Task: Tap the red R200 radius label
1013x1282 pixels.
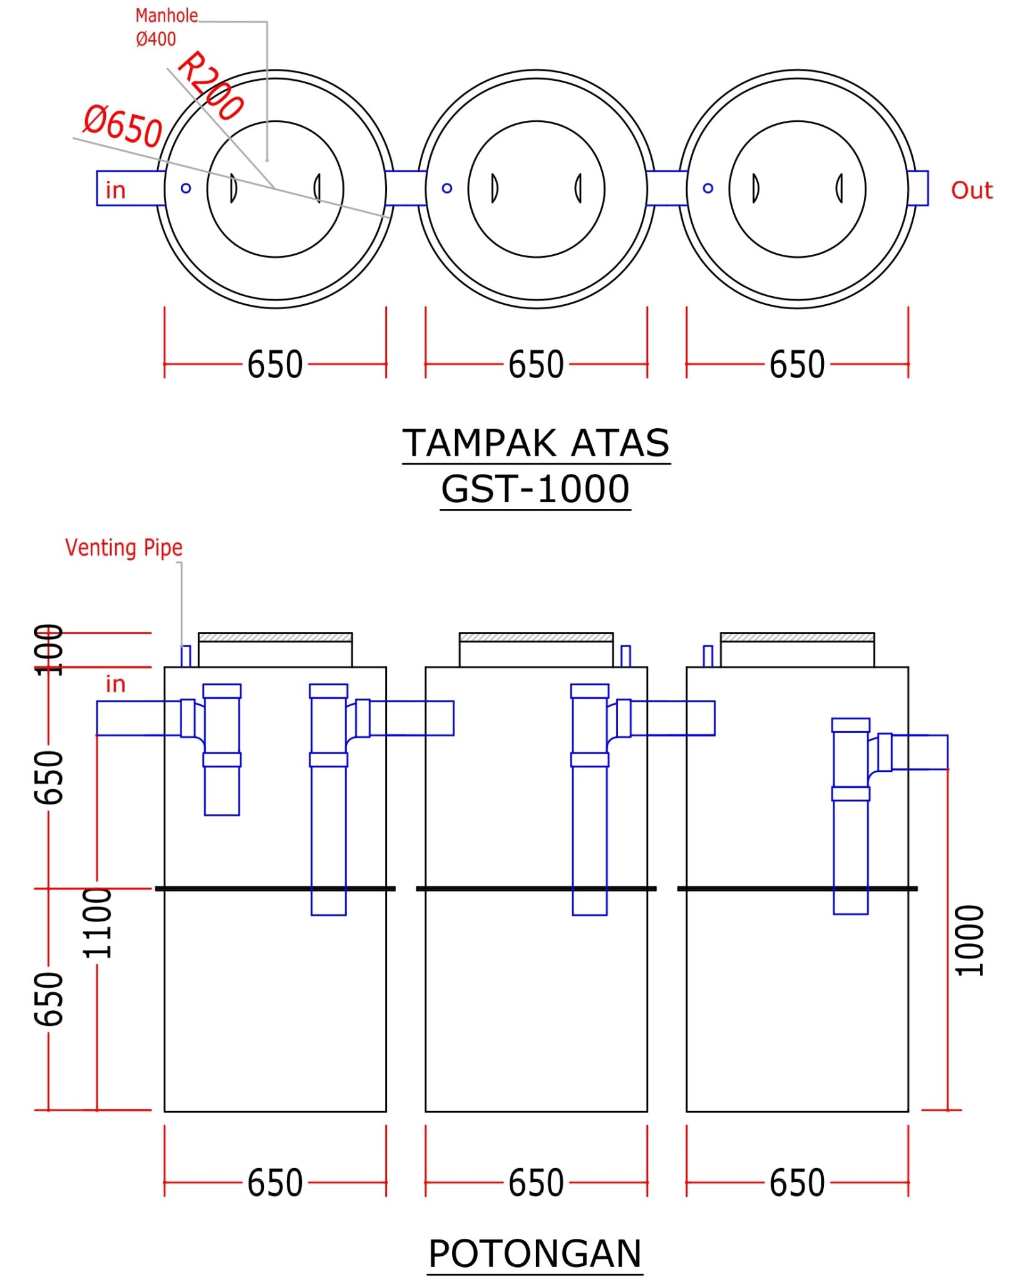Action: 210,85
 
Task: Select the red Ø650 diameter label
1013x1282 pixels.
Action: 123,126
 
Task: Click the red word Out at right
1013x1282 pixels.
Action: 971,190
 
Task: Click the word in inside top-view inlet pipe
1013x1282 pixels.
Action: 116,190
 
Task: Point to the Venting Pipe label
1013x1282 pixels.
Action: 124,548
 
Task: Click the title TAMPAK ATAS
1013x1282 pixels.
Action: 535,443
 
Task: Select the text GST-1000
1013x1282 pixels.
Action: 535,489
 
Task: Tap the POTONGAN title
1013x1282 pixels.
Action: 535,1254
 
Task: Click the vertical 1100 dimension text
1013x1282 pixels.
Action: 98,923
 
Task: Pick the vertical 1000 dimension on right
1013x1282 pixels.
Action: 969,940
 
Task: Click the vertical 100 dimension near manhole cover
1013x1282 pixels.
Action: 49,650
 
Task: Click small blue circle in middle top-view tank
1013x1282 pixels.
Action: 447,188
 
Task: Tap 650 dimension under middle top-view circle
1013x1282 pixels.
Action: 536,364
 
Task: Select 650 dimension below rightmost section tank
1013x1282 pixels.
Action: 796,1183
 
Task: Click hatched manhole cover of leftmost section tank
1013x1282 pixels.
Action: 275,637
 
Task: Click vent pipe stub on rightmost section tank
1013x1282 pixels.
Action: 708,656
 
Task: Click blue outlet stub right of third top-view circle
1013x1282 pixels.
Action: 918,188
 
